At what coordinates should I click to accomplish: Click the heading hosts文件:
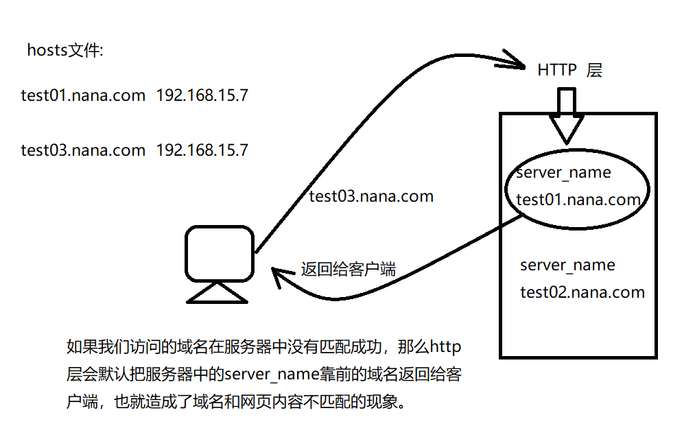pos(65,50)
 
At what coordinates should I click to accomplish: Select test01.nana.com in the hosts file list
pos(83,95)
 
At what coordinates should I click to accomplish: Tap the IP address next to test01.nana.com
pos(202,95)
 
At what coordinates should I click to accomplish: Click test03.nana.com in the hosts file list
pos(83,150)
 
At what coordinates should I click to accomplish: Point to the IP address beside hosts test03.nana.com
pos(202,150)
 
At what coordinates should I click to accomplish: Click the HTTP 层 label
pos(569,70)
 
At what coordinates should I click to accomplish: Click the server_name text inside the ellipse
pos(563,172)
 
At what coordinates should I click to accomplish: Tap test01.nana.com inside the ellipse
pos(578,200)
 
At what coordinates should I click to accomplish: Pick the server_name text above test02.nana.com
pos(567,265)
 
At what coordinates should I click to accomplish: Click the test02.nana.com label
pos(582,292)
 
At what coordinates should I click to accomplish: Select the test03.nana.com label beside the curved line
pos(371,196)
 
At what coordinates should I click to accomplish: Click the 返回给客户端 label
pos(348,269)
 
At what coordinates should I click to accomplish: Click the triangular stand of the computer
pos(217,293)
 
